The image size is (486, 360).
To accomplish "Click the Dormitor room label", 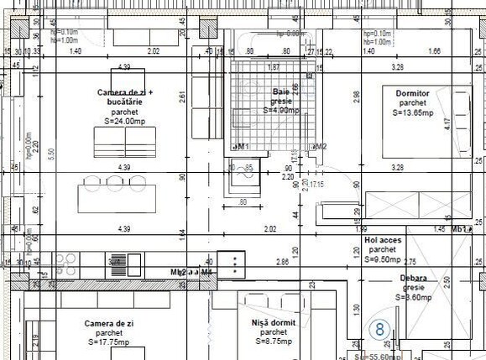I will click(412, 92).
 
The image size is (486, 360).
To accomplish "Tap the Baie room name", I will click(280, 91).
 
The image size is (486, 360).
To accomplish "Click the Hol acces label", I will click(383, 240).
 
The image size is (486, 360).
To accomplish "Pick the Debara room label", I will click(413, 278).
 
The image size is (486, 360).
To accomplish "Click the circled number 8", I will click(379, 330).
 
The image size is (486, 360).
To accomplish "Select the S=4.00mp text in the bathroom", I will click(280, 110).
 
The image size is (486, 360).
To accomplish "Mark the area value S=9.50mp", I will click(383, 259).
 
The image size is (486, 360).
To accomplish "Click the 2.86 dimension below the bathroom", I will click(283, 263).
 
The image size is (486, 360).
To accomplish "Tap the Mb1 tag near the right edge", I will click(461, 228).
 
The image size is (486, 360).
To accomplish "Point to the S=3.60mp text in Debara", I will click(413, 297).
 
